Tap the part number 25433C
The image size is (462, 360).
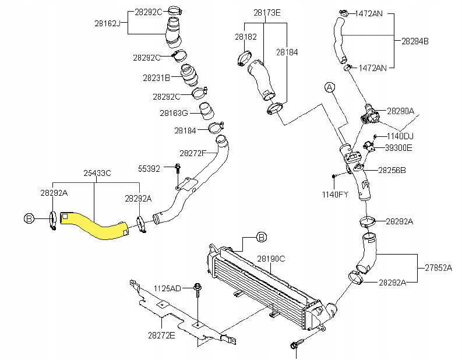tap(97, 173)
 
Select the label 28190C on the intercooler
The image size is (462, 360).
tap(271, 259)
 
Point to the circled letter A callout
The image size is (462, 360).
tap(330, 87)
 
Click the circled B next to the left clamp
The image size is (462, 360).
tap(29, 218)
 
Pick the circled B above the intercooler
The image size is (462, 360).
tap(262, 237)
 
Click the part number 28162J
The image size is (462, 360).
tap(108, 23)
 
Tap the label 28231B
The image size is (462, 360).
tap(157, 78)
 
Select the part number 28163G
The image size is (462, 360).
tap(174, 113)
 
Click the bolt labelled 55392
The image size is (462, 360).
tap(178, 169)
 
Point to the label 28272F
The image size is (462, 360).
tap(193, 153)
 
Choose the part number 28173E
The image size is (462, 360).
tap(267, 13)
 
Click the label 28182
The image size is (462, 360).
tap(246, 37)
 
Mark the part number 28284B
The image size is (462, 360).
tap(415, 41)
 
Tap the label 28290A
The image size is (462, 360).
tap(400, 111)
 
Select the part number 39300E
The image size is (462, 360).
tap(398, 148)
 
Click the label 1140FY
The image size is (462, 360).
tap(335, 195)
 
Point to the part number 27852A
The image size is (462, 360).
tap(439, 268)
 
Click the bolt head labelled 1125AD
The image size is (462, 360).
tap(198, 287)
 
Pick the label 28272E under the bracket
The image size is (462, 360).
tap(161, 336)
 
